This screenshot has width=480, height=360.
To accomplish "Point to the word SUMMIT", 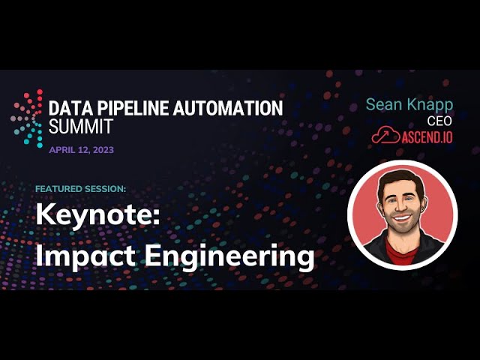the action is [x=81, y=126].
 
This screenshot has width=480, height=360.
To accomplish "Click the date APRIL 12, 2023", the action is [x=82, y=150].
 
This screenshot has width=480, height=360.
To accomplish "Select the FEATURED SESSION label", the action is [x=80, y=189].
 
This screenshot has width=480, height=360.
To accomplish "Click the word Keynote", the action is [x=98, y=215].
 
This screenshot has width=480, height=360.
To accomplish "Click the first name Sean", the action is [x=385, y=104].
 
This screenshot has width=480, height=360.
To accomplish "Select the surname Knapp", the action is [x=430, y=106].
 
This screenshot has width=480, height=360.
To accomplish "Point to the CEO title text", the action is [x=439, y=121].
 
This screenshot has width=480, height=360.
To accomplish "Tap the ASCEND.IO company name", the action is [x=427, y=136].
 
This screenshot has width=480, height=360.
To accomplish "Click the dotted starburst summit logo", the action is [x=27, y=118].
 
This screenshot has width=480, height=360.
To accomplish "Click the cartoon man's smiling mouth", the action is [x=402, y=219].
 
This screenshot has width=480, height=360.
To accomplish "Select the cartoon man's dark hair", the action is [x=400, y=181].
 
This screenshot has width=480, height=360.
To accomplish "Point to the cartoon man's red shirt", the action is [x=401, y=252].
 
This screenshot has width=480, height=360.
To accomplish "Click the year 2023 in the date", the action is [x=103, y=150].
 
